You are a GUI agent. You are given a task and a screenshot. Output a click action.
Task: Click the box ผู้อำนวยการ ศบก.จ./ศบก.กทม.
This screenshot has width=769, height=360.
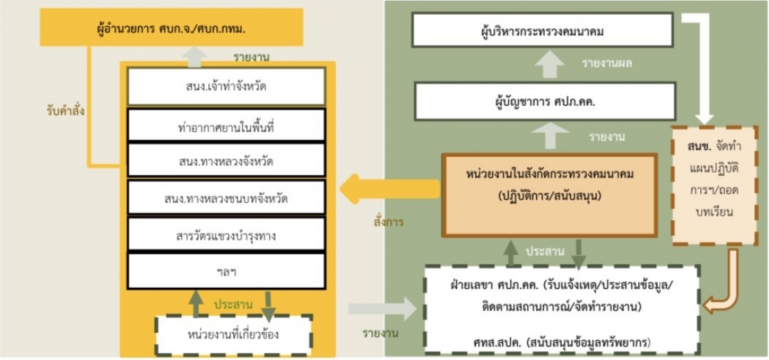tap(172, 29)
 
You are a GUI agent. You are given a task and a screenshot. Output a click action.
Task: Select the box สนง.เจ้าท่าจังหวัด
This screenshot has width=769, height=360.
tap(226, 87)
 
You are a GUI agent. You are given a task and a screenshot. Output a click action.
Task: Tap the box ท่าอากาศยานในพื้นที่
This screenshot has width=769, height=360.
tap(226, 125)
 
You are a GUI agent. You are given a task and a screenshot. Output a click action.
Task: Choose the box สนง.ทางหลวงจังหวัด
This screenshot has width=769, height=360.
tap(226, 160)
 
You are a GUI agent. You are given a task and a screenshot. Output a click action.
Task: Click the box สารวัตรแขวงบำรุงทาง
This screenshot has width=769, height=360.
tap(226, 234)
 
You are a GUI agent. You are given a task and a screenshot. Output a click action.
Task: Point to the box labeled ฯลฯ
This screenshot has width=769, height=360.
tap(226, 271)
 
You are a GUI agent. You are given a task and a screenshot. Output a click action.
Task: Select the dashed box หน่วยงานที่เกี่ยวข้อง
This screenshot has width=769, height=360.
tap(233, 335)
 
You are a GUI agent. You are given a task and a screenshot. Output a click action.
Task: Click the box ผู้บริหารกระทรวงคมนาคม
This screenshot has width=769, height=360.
tap(542, 30)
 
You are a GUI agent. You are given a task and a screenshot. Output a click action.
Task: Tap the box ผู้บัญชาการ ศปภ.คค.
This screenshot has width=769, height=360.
tap(545, 102)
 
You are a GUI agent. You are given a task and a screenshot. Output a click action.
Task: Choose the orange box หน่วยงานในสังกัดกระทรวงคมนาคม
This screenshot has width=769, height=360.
tap(549, 195)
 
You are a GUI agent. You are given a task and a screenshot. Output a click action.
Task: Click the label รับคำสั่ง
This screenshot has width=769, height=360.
tap(63, 111)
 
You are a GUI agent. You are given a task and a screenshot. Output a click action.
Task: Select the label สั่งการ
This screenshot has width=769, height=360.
tap(388, 222)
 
